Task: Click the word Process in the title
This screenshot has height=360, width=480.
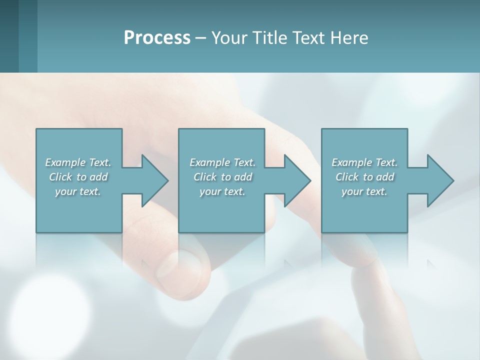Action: [x=157, y=38]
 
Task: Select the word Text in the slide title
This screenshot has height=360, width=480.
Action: [x=309, y=38]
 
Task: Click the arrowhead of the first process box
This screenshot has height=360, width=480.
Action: [x=155, y=180]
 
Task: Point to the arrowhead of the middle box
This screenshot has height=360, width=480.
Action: [x=297, y=180]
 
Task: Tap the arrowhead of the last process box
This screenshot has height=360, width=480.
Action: [x=440, y=180]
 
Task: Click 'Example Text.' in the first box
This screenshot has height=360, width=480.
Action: [x=78, y=162]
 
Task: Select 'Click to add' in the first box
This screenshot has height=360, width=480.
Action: [x=78, y=177]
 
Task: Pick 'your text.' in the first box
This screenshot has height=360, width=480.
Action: [x=78, y=191]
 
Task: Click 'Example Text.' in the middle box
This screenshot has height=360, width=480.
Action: [x=222, y=162]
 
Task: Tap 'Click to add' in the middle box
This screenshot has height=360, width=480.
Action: [x=222, y=177]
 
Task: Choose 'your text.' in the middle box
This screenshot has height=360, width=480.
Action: [x=222, y=191]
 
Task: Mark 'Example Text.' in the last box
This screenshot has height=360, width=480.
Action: [x=364, y=162]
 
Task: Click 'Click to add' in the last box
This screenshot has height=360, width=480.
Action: [x=364, y=177]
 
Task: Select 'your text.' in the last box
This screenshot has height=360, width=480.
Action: [x=364, y=191]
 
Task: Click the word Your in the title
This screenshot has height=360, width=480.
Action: [x=228, y=38]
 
